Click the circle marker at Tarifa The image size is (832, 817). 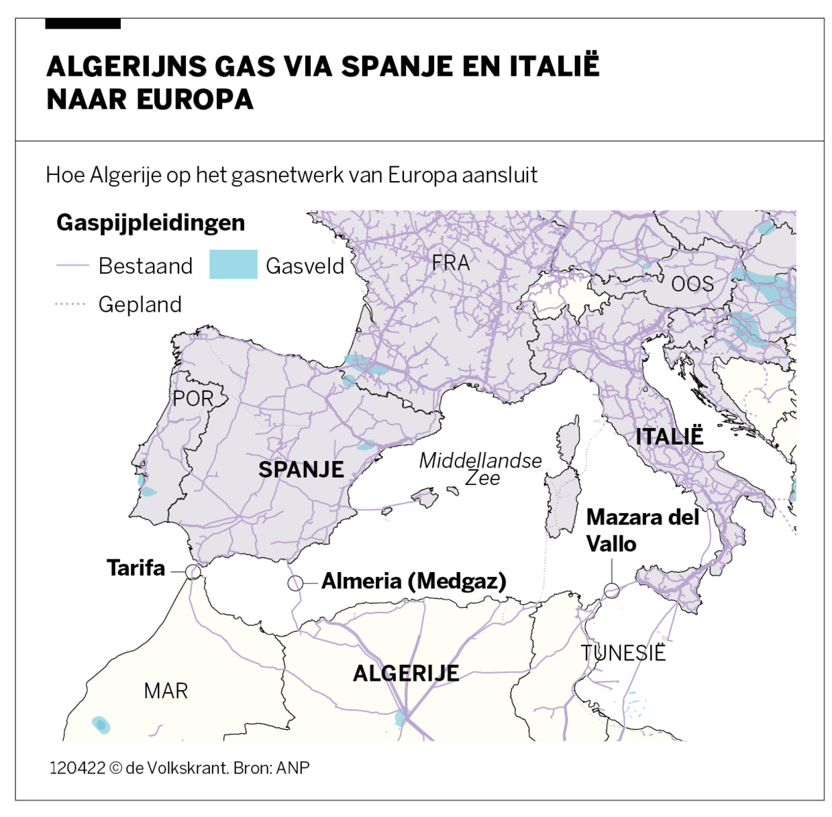coord(193,571)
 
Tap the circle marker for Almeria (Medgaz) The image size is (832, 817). coord(295,583)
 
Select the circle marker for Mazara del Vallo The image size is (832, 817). coord(611,590)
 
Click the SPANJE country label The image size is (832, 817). coord(301,470)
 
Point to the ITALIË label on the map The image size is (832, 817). coord(669,437)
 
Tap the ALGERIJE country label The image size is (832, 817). coord(406,673)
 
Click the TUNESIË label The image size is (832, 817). coord(623,653)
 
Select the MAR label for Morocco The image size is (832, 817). coord(166,690)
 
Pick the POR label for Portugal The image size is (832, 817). coord(193,398)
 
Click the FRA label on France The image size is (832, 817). coord(451,263)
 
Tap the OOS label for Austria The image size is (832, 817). coord(692,284)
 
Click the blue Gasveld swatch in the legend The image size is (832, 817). coord(233,264)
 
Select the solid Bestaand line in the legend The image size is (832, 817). coord(72,266)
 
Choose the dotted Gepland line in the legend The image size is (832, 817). coord(70,305)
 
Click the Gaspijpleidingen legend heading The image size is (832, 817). coord(150,223)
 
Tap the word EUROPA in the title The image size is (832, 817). coord(195,100)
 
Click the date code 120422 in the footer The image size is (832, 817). coord(77,768)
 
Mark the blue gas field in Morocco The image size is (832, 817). coord(100,724)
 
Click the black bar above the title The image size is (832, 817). coord(83,24)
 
